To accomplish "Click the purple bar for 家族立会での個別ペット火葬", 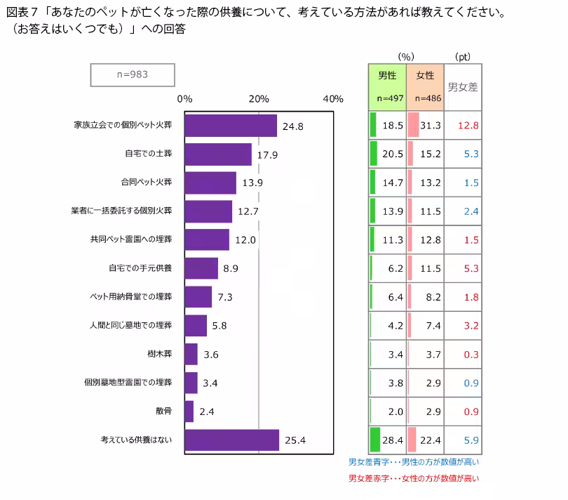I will tap(230, 126).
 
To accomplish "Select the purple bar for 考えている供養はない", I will tap(231, 440).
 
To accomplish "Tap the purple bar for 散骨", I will tap(189, 412).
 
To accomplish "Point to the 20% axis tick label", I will tap(259, 99).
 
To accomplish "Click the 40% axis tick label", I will tap(332, 99).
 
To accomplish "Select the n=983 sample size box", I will tap(132, 75).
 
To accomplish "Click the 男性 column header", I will tap(387, 75).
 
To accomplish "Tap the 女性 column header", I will tap(425, 75).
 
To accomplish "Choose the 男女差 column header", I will tap(463, 87).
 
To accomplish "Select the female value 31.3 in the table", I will tap(431, 125).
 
